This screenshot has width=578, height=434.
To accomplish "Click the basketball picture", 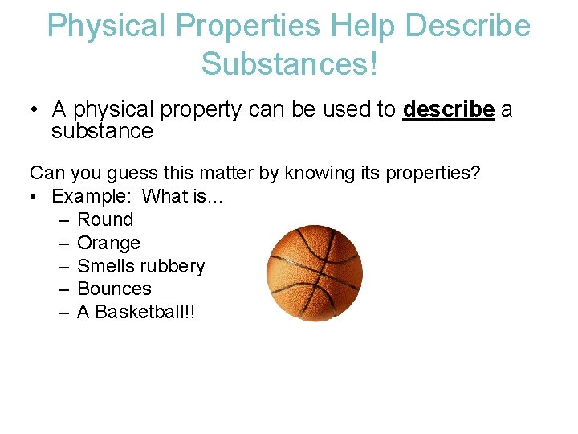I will pyautogui.click(x=315, y=273).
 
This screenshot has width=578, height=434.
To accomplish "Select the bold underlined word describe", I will pyautogui.click(x=449, y=109).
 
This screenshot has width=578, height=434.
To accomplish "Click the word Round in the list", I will pyautogui.click(x=105, y=219).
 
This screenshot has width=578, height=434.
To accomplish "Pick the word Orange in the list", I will pyautogui.click(x=108, y=243).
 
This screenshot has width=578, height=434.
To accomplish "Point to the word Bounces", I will pyautogui.click(x=114, y=289).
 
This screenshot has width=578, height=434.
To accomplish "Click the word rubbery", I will pyautogui.click(x=173, y=266).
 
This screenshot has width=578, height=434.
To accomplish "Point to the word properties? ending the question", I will pyautogui.click(x=433, y=174).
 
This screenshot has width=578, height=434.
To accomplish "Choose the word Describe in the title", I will pyautogui.click(x=468, y=26).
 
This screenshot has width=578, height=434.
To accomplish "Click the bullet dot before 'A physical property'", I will pyautogui.click(x=35, y=110).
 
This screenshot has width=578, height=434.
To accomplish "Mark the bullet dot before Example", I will pyautogui.click(x=35, y=197).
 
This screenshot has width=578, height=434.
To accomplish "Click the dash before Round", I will pyautogui.click(x=64, y=219).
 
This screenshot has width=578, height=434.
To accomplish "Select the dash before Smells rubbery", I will pyautogui.click(x=64, y=266).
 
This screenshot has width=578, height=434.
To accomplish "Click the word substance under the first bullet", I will pyautogui.click(x=102, y=131).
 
